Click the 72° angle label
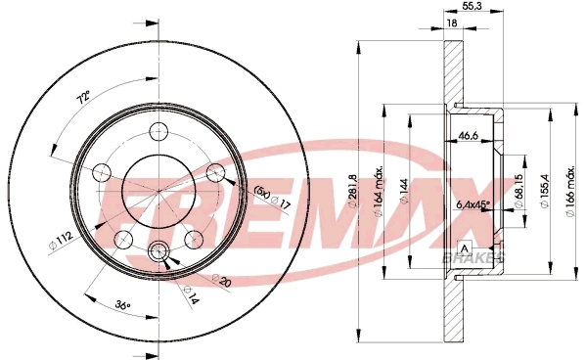(83, 98)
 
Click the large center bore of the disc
(158, 192)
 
